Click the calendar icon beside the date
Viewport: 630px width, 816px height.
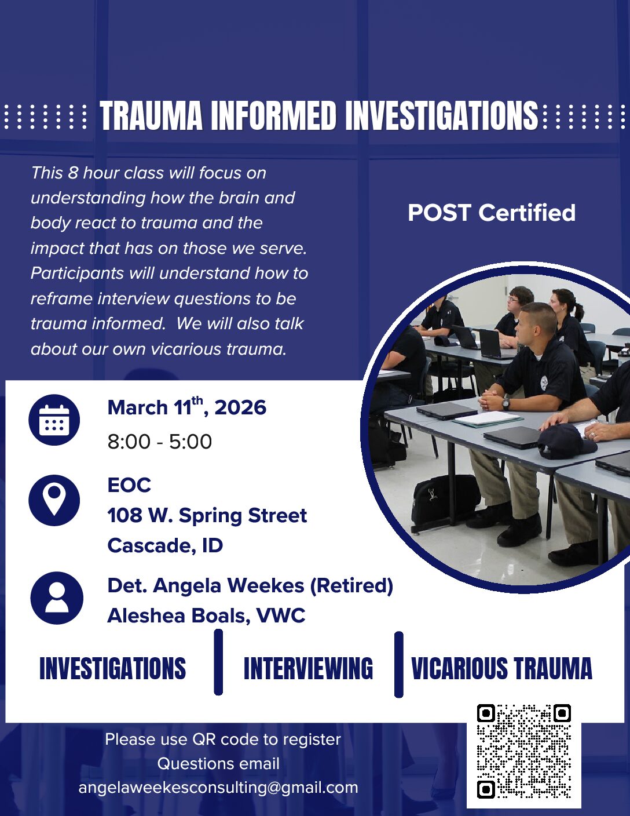click(54, 420)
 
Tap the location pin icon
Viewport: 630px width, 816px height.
click(54, 500)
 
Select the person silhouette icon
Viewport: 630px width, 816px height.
click(57, 599)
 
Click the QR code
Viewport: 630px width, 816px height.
click(524, 756)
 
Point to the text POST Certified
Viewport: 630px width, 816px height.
click(492, 213)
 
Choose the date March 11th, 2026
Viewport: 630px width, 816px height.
click(187, 407)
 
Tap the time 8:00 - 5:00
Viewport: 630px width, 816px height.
click(160, 442)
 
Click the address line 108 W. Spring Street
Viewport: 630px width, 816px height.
click(207, 515)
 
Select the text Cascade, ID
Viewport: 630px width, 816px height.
click(165, 545)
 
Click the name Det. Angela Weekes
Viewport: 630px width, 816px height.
click(206, 586)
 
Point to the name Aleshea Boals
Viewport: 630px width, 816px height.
click(178, 616)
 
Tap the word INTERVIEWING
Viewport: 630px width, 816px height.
click(309, 668)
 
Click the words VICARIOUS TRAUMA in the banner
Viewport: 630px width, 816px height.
click(501, 668)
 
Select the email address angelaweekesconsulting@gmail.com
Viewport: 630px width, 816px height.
click(218, 788)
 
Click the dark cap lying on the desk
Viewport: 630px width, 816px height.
click(566, 443)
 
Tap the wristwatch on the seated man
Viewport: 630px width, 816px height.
click(506, 404)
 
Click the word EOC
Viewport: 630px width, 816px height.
click(129, 485)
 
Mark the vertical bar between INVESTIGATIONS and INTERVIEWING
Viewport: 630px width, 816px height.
click(218, 662)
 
